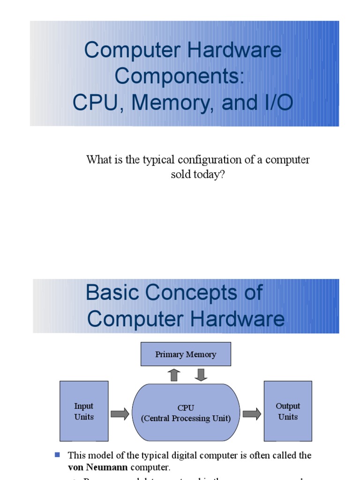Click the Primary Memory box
(x=186, y=354)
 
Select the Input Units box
(x=84, y=411)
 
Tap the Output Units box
(x=288, y=411)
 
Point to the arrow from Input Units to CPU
(x=120, y=414)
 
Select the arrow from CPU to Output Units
(x=252, y=414)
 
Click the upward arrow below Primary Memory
(x=175, y=375)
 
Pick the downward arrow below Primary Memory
(x=200, y=375)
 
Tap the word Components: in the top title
(x=180, y=76)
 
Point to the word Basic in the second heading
(x=112, y=293)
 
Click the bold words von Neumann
(x=97, y=467)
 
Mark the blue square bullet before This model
(x=58, y=455)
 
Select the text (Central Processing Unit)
(x=186, y=419)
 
